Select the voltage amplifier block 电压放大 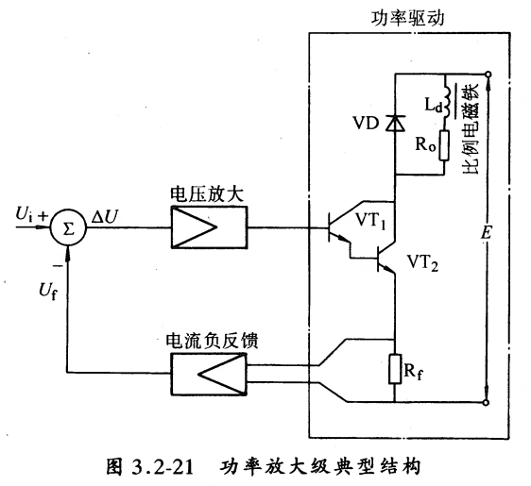(210, 227)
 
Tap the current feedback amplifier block (209, 374)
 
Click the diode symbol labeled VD (395, 123)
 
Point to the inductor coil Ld (446, 103)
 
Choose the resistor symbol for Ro (444, 145)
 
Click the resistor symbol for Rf (395, 369)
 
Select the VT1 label (370, 221)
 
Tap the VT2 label (422, 262)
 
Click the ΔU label (105, 216)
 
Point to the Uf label (48, 292)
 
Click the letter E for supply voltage (487, 233)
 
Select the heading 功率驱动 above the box (407, 18)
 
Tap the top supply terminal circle (488, 75)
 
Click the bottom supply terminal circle (486, 402)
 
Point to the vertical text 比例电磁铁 (470, 129)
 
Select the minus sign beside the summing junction (59, 266)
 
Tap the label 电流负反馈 (212, 341)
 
